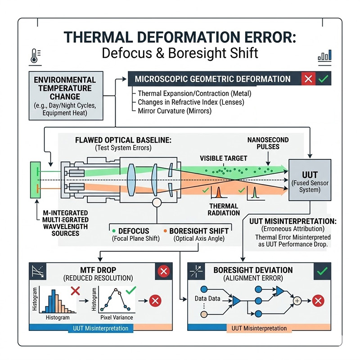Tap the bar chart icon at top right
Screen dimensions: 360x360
tap(324, 56)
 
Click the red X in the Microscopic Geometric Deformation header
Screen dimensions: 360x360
tap(308, 79)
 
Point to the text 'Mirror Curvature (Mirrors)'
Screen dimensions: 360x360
tap(175, 111)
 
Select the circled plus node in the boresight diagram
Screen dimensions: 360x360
tap(297, 300)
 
